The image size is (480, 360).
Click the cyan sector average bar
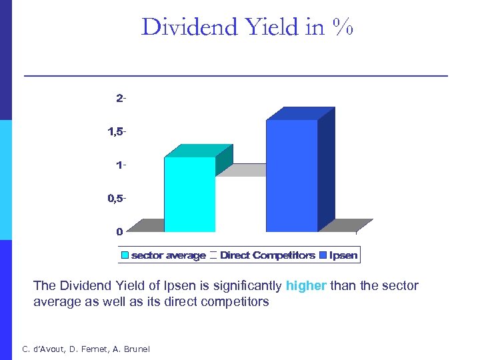[190, 195]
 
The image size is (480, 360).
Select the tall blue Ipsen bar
[291, 177]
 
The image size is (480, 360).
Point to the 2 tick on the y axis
[121, 99]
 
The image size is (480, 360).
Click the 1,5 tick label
[116, 131]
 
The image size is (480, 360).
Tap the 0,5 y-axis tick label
[116, 199]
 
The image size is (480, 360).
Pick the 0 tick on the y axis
[119, 232]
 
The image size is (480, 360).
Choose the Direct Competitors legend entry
[267, 255]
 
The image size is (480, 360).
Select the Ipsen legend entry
[343, 255]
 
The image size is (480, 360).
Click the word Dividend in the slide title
[189, 27]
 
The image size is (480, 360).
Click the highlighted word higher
[306, 286]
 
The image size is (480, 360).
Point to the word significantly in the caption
[247, 286]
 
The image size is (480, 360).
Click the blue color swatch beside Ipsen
[324, 255]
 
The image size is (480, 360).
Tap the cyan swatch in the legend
[125, 255]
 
